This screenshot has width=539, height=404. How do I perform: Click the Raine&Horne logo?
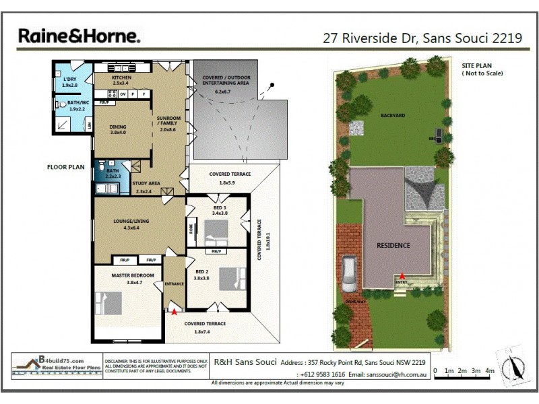pos(79,36)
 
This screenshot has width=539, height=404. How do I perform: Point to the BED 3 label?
pos(220,207)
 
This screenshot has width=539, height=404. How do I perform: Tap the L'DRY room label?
pos(69,80)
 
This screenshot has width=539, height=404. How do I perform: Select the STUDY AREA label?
pos(146,183)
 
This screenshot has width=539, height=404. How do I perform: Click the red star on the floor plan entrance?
pos(175,312)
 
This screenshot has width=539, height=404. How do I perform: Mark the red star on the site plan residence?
pos(402,276)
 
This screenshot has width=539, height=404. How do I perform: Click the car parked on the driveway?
pos(349,274)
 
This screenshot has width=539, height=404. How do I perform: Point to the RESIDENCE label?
pos(393,245)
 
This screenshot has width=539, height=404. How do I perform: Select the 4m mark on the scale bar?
pos(490,371)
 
